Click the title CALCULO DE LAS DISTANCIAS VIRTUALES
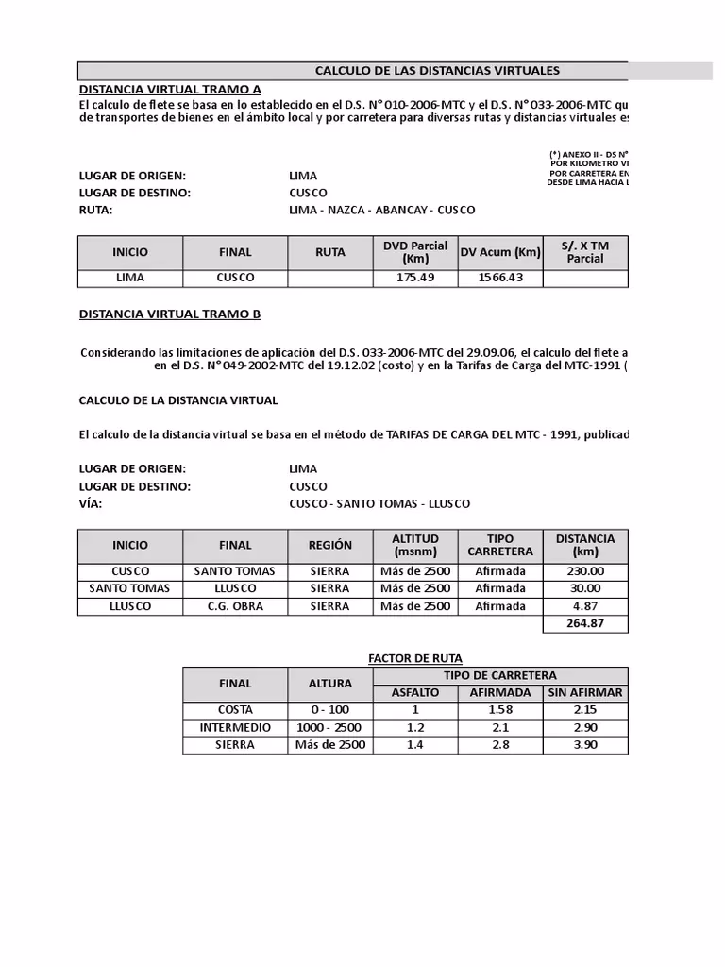click(436, 71)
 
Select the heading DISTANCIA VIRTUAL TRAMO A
click(169, 89)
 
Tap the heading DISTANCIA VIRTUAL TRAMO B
click(169, 314)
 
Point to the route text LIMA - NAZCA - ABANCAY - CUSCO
click(381, 210)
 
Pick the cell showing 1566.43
click(500, 278)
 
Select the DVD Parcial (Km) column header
click(414, 252)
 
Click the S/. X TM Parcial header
click(585, 252)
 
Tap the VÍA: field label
click(91, 503)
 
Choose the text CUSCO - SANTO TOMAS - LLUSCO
click(379, 503)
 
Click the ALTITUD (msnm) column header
click(414, 545)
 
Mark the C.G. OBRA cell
click(235, 606)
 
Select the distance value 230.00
click(585, 571)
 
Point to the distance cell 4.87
click(585, 606)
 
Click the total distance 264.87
click(585, 623)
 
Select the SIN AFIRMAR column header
click(585, 692)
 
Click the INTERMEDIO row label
click(235, 728)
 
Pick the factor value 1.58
click(500, 710)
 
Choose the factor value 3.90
click(585, 745)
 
